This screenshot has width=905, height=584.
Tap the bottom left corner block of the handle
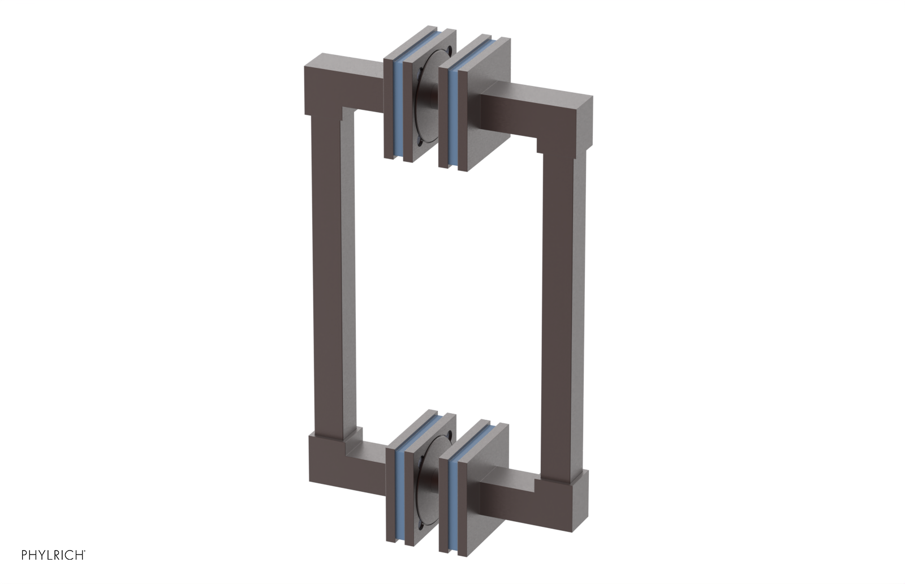click(325, 467)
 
